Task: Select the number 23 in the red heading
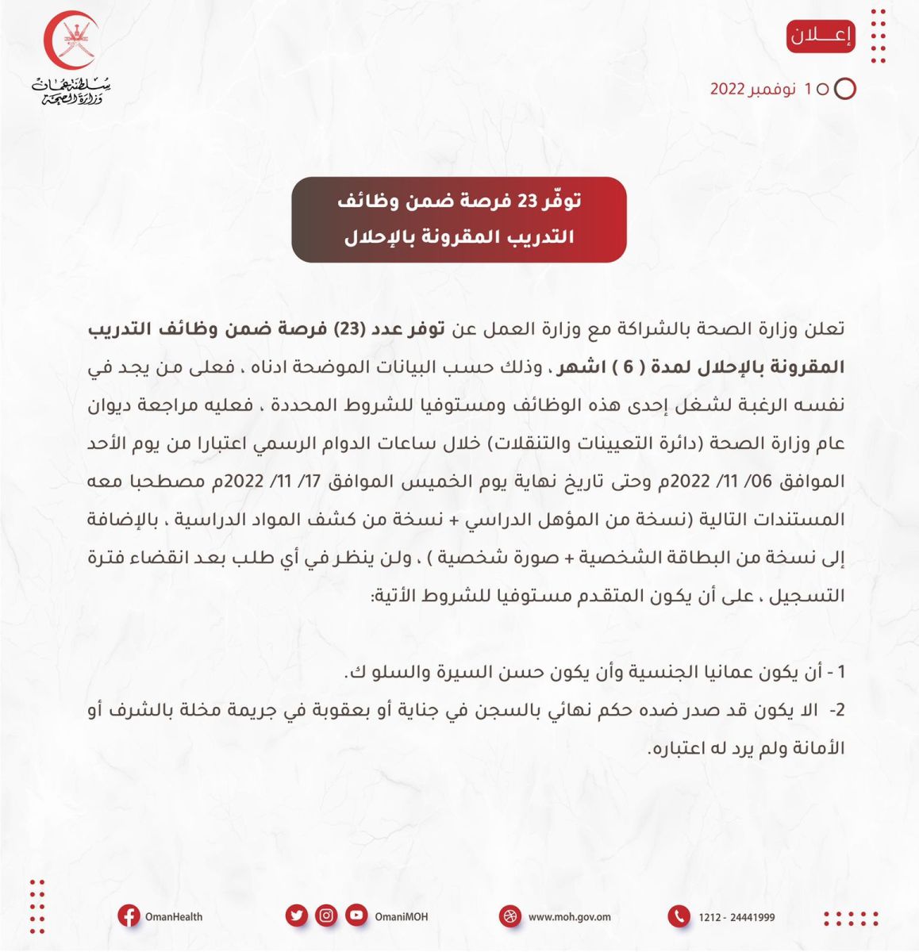(x=528, y=202)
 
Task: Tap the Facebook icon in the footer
(x=129, y=916)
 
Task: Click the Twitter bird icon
(x=297, y=916)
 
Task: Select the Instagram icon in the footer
(x=326, y=916)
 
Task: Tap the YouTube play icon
(x=356, y=916)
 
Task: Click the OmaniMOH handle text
(x=402, y=917)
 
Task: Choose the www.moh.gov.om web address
(x=569, y=917)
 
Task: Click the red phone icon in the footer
(x=679, y=917)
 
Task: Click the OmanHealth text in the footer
(x=174, y=917)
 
